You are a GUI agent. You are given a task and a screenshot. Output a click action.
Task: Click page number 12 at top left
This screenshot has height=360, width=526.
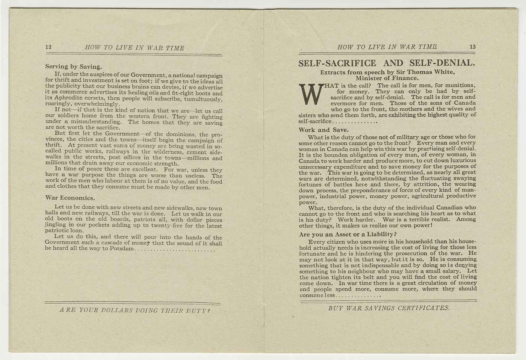coord(48,48)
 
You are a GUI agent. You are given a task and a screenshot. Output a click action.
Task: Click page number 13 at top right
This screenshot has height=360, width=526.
coord(472,47)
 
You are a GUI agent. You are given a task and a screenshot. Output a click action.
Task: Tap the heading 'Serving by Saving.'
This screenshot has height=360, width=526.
coord(74,67)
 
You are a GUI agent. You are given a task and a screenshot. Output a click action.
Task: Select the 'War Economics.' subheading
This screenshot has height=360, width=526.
coord(70,198)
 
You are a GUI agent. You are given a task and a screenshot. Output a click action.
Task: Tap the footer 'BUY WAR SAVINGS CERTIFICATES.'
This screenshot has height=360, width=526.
coord(388,308)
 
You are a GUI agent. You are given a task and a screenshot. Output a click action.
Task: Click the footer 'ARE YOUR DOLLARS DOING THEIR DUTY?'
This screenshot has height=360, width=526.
coord(135,310)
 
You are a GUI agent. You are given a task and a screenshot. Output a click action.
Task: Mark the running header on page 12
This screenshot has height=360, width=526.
coord(135,48)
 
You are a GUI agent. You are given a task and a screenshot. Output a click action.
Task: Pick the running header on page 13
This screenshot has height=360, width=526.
coord(387,47)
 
